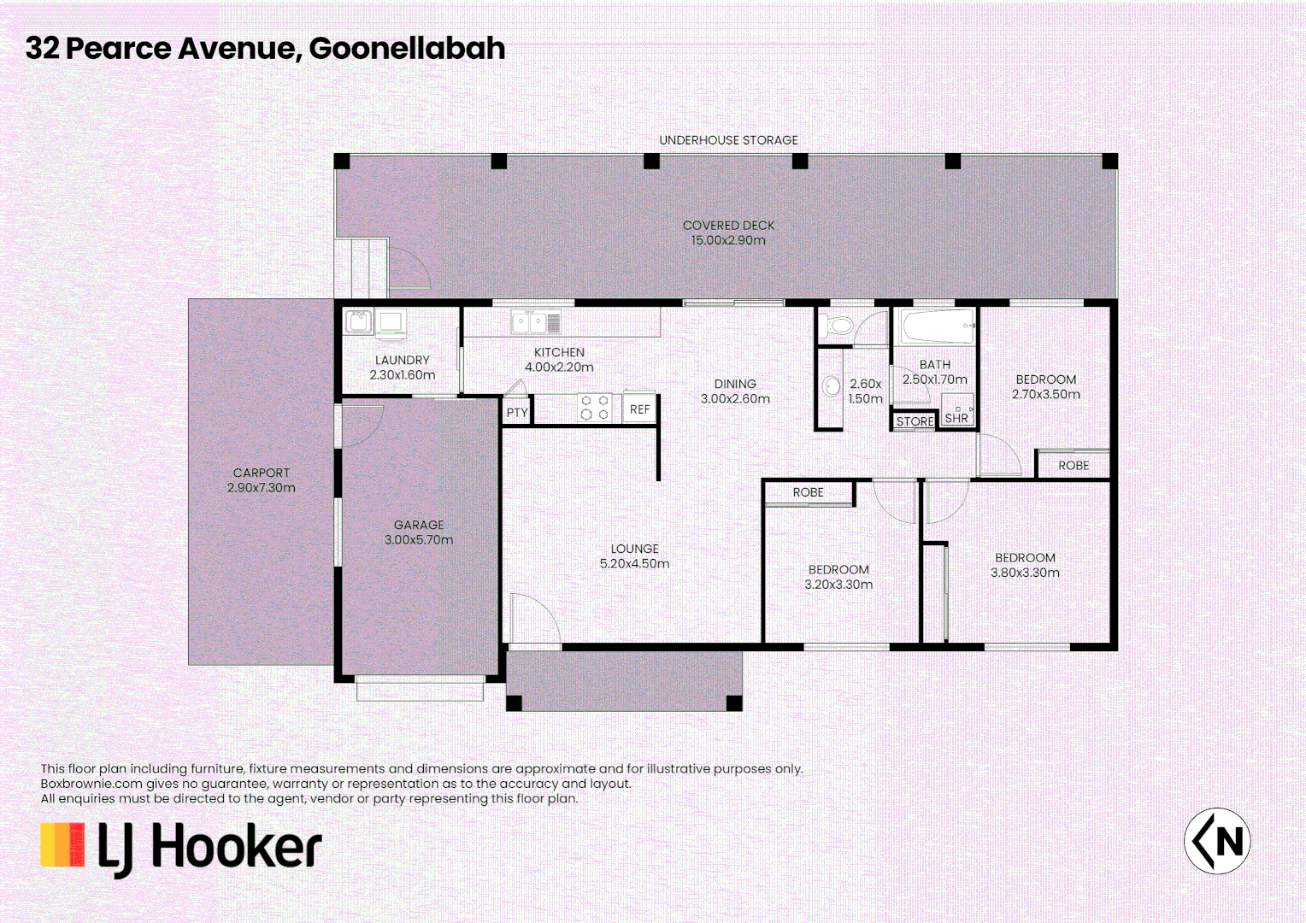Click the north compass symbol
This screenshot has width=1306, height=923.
1217,841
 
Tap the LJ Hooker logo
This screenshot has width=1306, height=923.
181,848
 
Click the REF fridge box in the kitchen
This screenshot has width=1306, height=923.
639,409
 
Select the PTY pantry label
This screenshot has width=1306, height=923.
517,412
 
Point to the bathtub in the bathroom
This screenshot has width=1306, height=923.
937,326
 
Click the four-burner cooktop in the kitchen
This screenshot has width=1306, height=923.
595,408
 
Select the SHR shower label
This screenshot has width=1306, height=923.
956,418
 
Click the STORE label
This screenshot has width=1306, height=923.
915,421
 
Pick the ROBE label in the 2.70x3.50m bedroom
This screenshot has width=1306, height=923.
1074,466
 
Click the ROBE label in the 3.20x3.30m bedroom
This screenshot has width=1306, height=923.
808,492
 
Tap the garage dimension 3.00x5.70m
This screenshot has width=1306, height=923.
419,540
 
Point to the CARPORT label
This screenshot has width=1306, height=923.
262,473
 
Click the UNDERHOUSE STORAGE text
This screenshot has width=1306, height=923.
728,140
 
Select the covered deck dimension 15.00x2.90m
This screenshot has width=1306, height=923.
728,240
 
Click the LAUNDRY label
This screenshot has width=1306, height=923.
402,360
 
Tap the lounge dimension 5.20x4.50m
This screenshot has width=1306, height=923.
634,564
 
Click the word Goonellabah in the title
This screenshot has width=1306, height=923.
407,49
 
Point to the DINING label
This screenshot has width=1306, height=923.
735,384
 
